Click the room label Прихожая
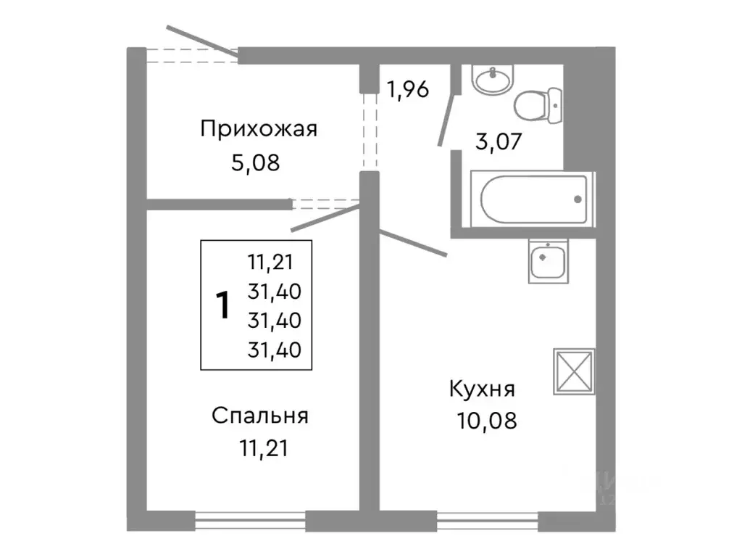coord(259,130)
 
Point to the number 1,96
coord(407,89)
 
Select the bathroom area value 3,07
coord(498,140)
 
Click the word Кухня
coord(482,389)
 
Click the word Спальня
coord(260,416)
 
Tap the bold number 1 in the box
coord(224,305)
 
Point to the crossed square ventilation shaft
coord(574,372)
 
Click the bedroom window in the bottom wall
coord(251,520)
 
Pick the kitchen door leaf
coord(413,243)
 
